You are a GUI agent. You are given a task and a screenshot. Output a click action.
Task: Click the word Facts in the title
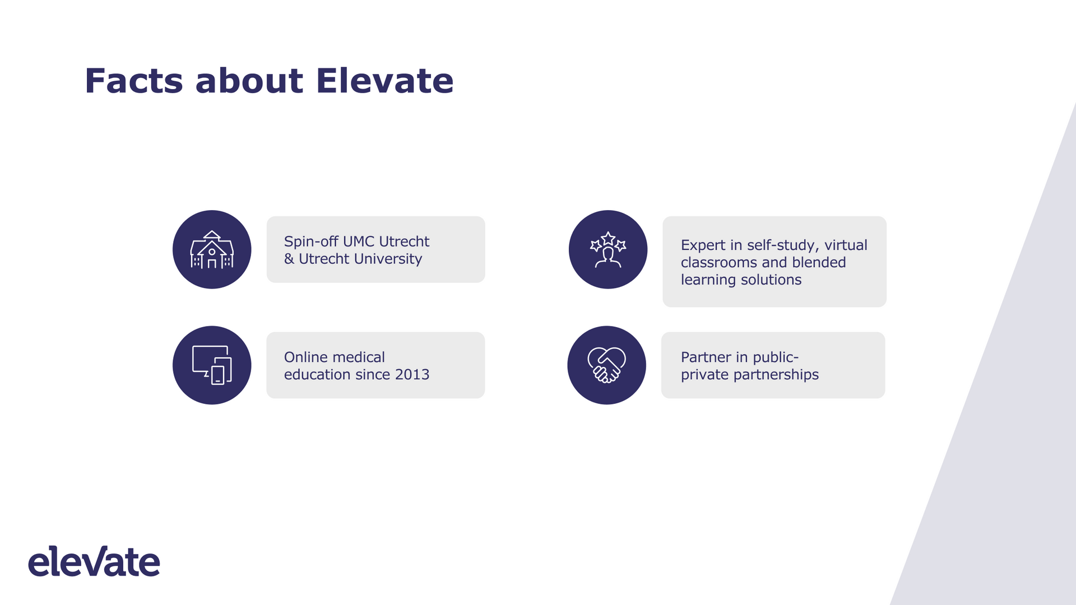tap(134, 81)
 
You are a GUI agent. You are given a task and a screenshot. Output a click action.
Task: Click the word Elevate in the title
tap(384, 81)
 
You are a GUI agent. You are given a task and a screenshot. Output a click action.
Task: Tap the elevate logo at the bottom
tap(94, 561)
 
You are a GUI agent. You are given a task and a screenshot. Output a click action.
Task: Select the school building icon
tap(212, 250)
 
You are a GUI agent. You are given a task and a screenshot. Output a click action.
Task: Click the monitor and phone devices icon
tap(212, 365)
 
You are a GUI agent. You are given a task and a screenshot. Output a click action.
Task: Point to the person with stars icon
tap(608, 250)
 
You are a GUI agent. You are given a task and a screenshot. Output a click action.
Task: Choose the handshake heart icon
tap(606, 365)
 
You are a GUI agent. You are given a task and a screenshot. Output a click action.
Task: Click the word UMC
tap(359, 241)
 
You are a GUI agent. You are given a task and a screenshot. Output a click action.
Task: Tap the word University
tap(388, 259)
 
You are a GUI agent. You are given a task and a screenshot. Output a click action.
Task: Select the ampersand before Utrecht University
tap(289, 259)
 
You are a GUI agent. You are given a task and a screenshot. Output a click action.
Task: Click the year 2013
tap(412, 374)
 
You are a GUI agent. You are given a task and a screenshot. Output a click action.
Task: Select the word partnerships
tap(776, 375)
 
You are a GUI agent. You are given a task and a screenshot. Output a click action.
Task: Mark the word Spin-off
tap(311, 241)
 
